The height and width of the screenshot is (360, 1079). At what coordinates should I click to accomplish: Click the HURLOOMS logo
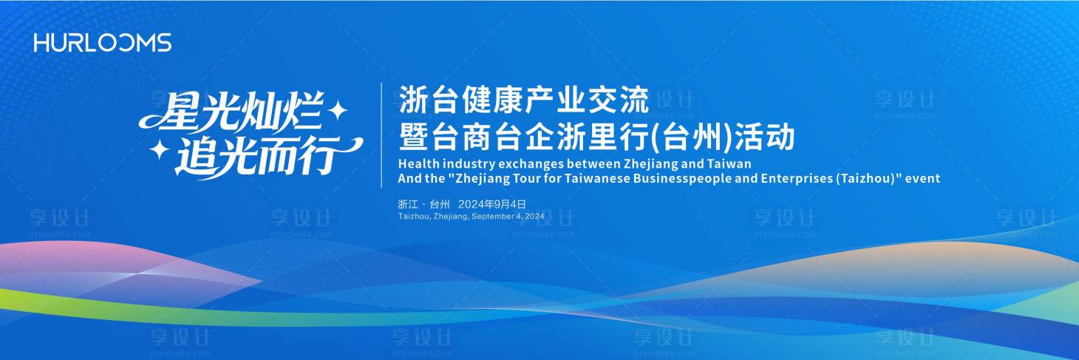tap(102, 43)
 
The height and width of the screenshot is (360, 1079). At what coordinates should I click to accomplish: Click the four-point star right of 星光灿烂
tap(338, 110)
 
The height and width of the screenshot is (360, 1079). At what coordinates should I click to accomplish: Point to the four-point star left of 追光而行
tap(159, 150)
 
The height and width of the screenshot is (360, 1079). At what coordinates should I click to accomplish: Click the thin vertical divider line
tap(381, 135)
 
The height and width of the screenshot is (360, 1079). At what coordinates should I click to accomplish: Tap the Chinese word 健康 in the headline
tap(474, 100)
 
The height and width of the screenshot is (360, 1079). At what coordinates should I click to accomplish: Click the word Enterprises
tap(797, 179)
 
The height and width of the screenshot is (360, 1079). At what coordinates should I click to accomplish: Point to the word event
tap(924, 179)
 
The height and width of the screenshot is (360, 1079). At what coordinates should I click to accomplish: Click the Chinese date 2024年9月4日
tap(491, 204)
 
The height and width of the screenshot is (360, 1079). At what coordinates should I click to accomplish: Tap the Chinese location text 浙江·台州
tap(423, 204)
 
